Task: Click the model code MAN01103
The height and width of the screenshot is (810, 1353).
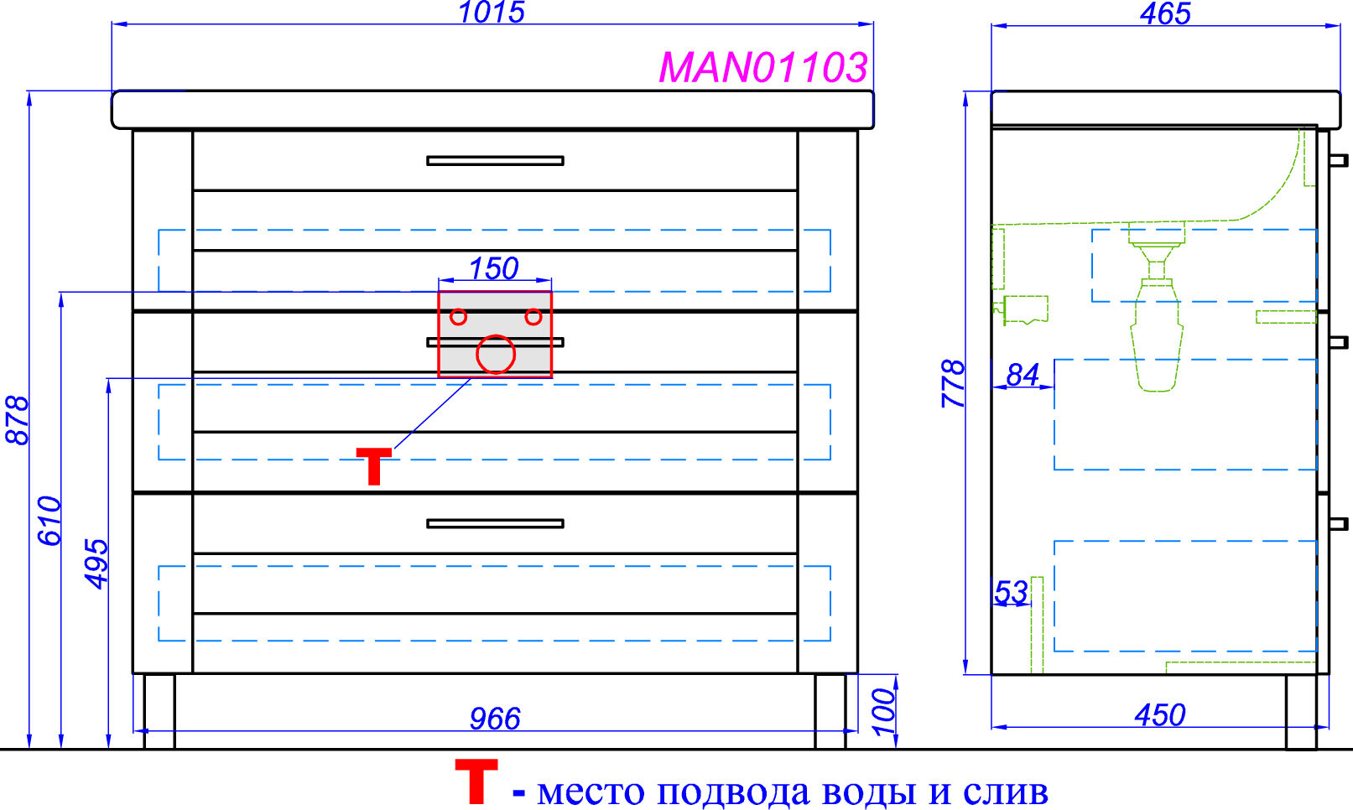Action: pyautogui.click(x=762, y=67)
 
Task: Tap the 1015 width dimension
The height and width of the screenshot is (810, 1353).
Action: pyautogui.click(x=492, y=12)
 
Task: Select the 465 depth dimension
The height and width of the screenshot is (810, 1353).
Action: pyautogui.click(x=1165, y=13)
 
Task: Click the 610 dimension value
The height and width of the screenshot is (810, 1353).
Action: pyautogui.click(x=49, y=521)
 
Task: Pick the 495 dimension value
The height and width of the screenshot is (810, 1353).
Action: pyautogui.click(x=96, y=563)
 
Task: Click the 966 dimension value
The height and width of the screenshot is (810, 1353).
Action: pyautogui.click(x=495, y=719)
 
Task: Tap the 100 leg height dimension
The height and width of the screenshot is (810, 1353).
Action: pyautogui.click(x=884, y=711)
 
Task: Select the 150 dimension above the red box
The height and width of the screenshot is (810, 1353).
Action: pyautogui.click(x=493, y=268)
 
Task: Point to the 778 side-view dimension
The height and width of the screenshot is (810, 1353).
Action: pyautogui.click(x=954, y=383)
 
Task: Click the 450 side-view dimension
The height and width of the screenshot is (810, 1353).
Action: pyautogui.click(x=1160, y=715)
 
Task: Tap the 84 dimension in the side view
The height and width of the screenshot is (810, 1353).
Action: pyautogui.click(x=1023, y=375)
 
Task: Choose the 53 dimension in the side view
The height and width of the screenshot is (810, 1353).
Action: pyautogui.click(x=1011, y=593)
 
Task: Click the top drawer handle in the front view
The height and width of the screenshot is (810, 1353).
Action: pyautogui.click(x=495, y=160)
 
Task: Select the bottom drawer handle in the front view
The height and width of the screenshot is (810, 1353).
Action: pyautogui.click(x=495, y=523)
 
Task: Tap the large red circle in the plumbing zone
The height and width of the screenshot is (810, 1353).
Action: pyautogui.click(x=495, y=354)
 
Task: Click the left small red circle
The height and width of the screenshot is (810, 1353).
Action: pyautogui.click(x=458, y=317)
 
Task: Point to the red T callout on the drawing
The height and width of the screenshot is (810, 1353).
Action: pyautogui.click(x=373, y=466)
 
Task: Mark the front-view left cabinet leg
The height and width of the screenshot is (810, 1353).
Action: pyautogui.click(x=159, y=710)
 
